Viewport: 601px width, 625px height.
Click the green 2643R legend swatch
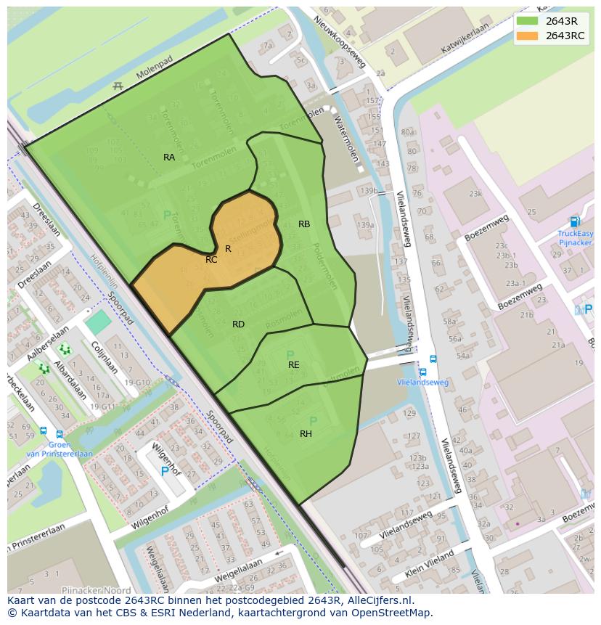click(x=528, y=21)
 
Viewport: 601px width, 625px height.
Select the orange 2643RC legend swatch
click(x=528, y=36)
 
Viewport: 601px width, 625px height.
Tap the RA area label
click(x=169, y=158)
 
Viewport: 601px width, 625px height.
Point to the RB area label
click(x=304, y=224)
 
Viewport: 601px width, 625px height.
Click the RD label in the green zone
click(x=238, y=324)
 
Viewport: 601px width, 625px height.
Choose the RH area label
click(x=306, y=434)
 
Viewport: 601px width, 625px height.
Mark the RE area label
click(x=293, y=365)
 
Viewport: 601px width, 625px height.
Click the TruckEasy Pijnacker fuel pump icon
click(x=575, y=222)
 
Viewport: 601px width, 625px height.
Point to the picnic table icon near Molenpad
click(x=118, y=86)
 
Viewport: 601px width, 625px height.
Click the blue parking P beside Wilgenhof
click(x=165, y=471)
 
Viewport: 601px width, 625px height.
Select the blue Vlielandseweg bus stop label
click(x=422, y=383)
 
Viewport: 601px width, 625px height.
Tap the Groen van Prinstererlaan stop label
click(x=60, y=449)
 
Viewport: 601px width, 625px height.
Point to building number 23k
click(x=475, y=194)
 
